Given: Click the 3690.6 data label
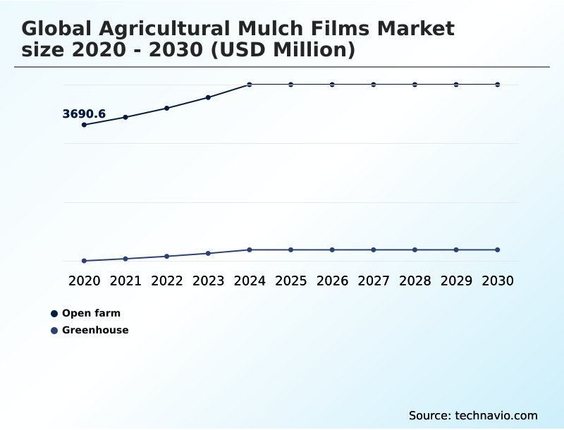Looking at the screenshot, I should point(84,113).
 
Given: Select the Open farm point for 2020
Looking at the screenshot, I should point(85,125).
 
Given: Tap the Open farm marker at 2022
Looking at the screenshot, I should point(167,108).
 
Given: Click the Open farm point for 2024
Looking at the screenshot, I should point(250,85).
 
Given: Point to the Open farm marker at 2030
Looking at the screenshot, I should point(498,85).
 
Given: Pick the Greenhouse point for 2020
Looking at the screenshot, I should point(85,261).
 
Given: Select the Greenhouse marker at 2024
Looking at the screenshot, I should point(250,250).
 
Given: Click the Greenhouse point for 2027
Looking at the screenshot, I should point(374,250).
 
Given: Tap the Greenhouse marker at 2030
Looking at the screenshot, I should point(498,250).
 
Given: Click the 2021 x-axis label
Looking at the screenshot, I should point(125,281).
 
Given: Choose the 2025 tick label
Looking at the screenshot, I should point(290,281).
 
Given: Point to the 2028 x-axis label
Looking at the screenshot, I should point(415,281).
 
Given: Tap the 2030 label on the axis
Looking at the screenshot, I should point(498,281).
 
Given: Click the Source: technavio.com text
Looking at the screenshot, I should point(473,415).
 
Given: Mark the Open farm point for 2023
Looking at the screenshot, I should point(208,97).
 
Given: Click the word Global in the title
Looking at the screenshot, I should point(59,29).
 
